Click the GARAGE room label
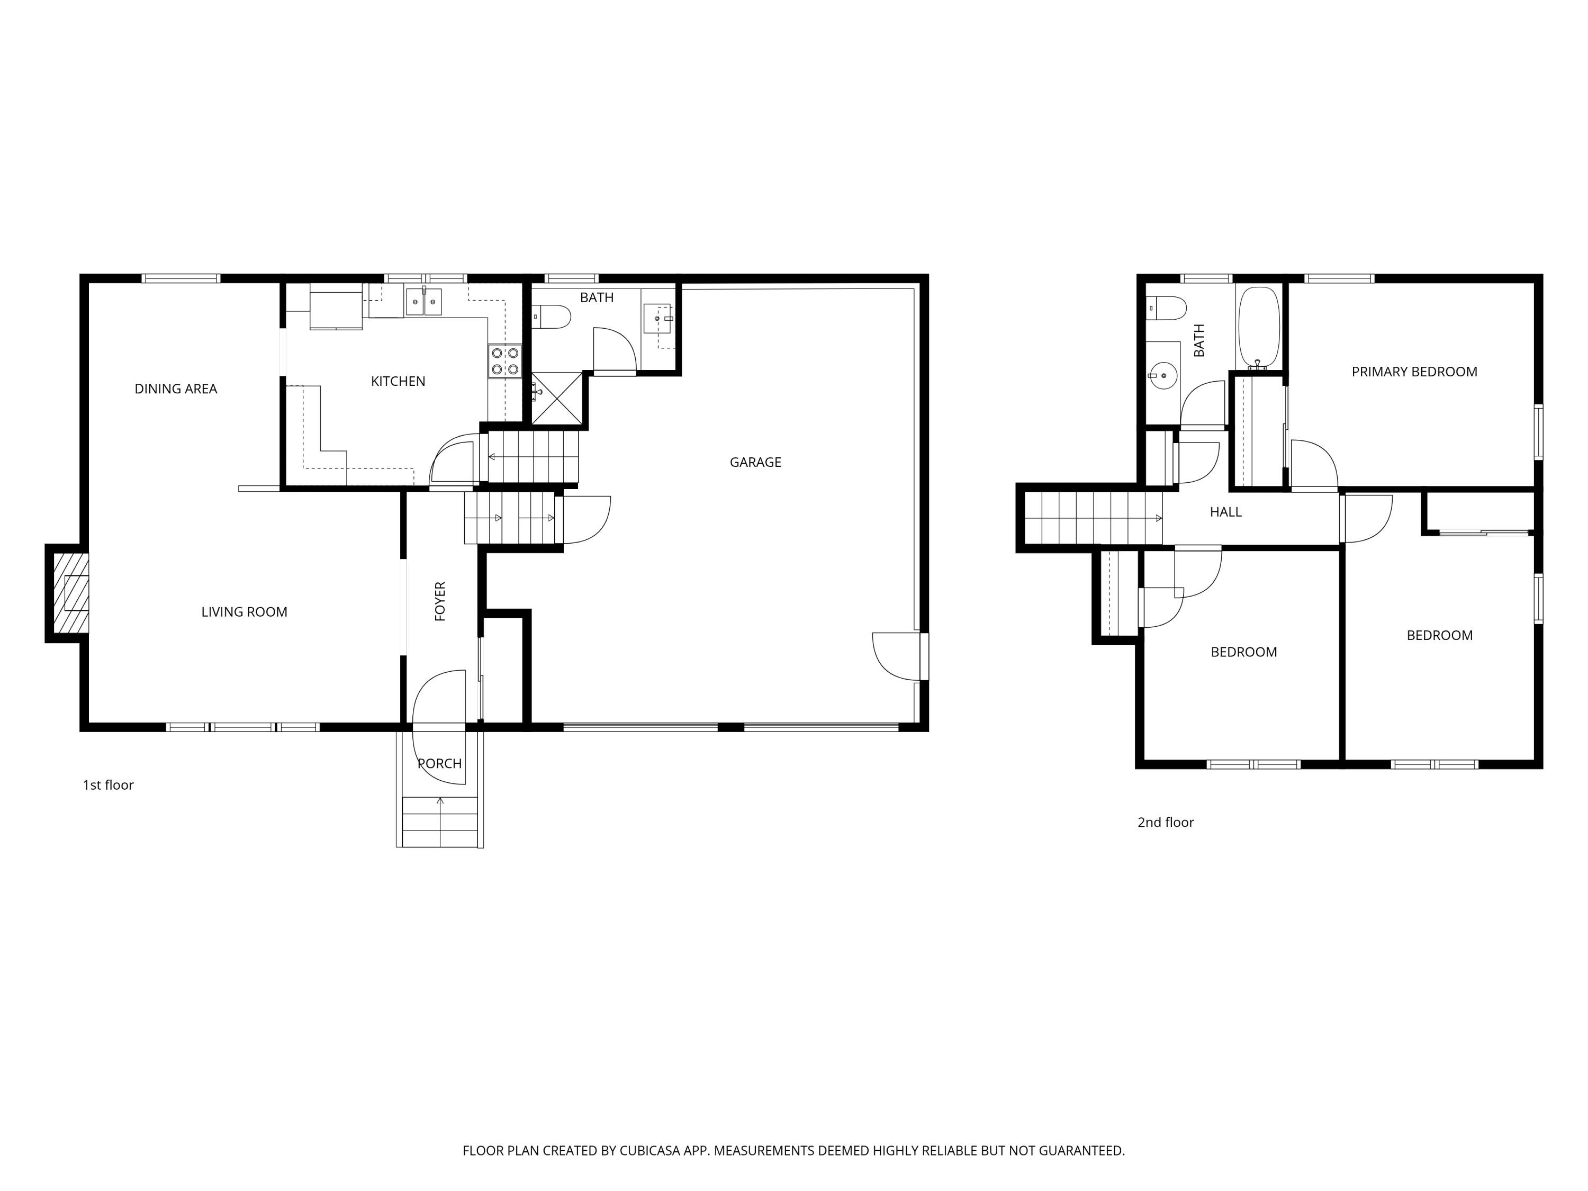tap(755, 462)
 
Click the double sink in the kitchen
tap(423, 302)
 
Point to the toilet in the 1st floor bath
tap(552, 316)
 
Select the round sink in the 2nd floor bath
tap(1162, 375)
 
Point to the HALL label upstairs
tap(1225, 512)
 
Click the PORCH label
tap(439, 763)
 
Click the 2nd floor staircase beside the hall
tap(1091, 518)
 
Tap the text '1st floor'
tap(109, 784)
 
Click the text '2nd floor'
tap(1165, 822)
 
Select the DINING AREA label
tap(176, 389)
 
